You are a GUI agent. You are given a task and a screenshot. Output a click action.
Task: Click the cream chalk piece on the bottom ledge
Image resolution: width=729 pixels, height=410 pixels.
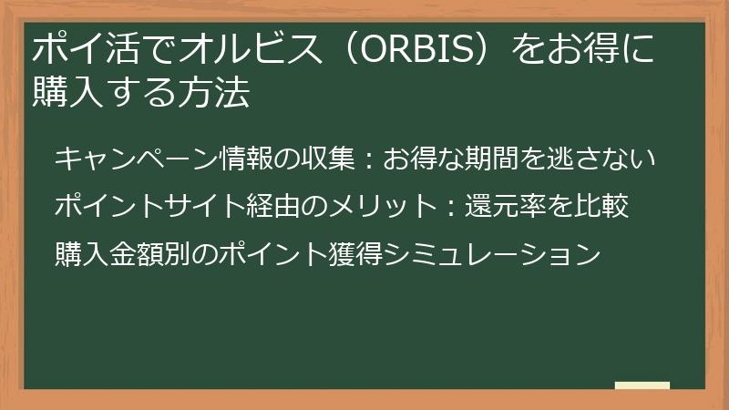[642, 385]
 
